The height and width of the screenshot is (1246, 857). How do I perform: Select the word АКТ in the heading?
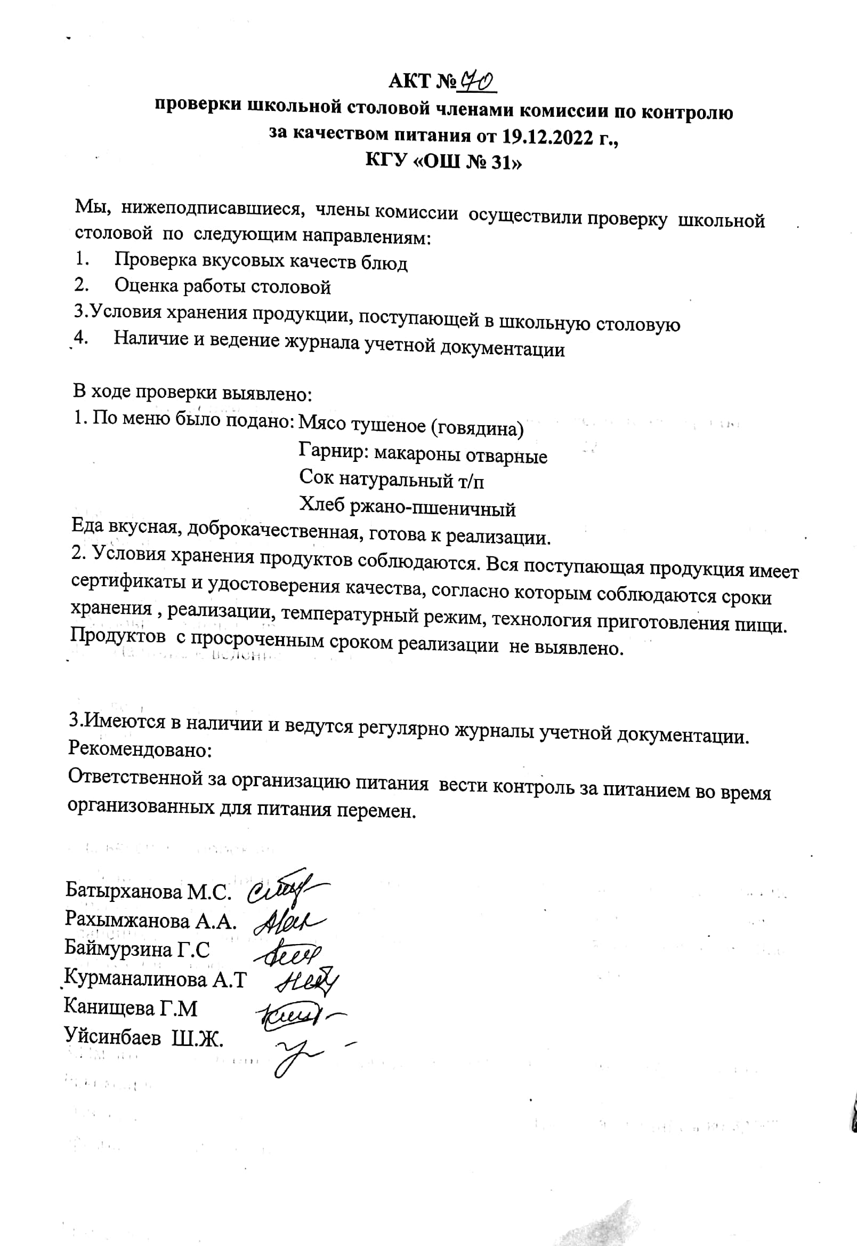(x=410, y=81)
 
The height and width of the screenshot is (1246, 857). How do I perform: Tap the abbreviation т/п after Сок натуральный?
(x=471, y=482)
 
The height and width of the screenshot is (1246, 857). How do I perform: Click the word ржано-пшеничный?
(x=433, y=508)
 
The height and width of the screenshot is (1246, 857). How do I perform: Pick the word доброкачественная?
(x=272, y=531)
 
